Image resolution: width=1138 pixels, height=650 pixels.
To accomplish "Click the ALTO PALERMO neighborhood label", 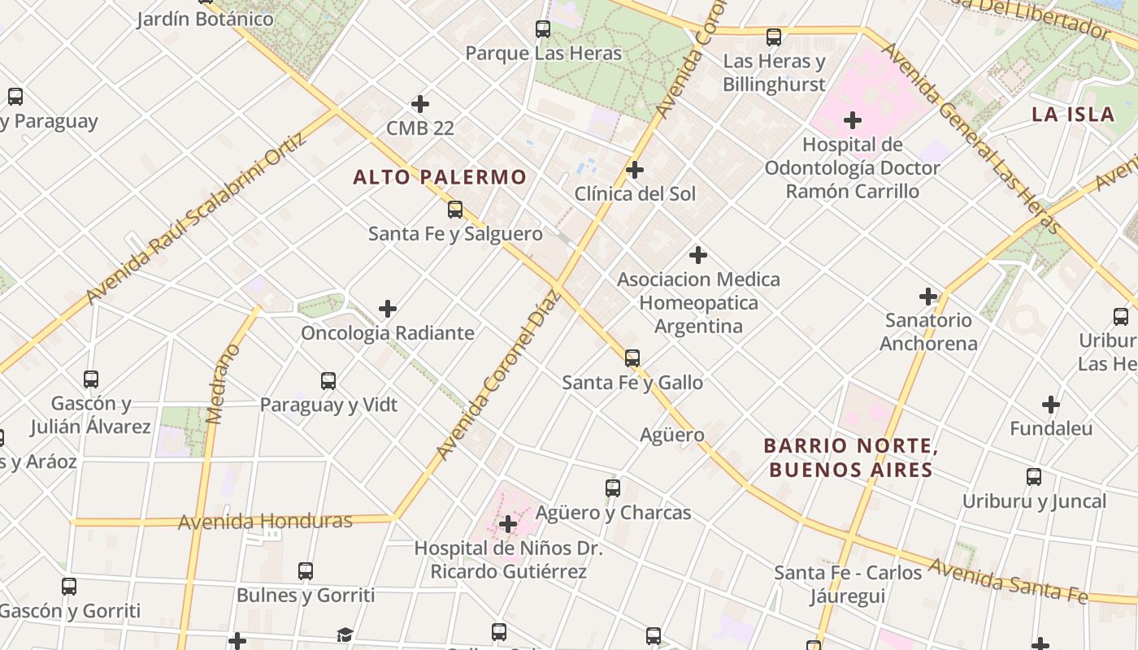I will coord(440,177).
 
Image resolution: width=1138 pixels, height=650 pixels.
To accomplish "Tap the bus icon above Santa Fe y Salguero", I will coord(455,210).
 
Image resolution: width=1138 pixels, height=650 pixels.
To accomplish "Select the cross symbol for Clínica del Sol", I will coord(635,170).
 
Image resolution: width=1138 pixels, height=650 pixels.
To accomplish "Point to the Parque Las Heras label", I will coord(543,54).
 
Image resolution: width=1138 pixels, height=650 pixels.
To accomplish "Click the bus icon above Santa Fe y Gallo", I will coord(632,357).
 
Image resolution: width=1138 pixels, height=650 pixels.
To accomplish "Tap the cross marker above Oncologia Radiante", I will coord(388,309).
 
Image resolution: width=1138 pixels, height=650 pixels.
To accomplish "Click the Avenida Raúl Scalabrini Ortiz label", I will coord(197,218).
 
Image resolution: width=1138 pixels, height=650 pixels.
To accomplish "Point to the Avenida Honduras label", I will coord(265,521).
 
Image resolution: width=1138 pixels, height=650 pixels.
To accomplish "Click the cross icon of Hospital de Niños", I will coord(508,524).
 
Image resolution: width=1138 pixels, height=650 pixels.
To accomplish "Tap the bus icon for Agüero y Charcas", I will coord(613,488).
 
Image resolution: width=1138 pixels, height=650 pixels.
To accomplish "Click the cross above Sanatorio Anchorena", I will coord(928,297).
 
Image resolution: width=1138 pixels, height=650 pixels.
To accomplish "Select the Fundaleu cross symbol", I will coord(1051,405).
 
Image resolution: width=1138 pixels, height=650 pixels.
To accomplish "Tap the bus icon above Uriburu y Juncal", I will coord(1034,477).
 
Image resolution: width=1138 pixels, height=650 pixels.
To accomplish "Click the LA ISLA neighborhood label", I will coord(1073,115).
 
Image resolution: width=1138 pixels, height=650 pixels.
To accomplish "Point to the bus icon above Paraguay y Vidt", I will coord(328,380).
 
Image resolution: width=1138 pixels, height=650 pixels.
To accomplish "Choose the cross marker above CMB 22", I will coord(420,104).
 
